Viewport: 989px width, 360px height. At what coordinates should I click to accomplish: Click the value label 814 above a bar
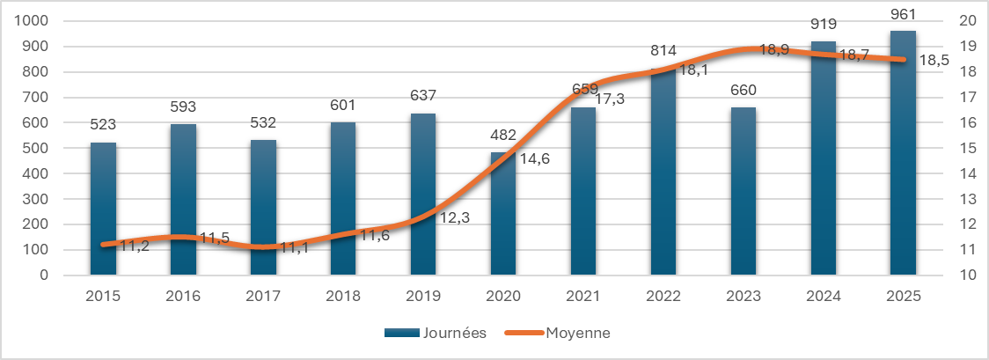tap(663, 50)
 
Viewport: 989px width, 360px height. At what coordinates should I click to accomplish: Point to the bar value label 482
tap(503, 135)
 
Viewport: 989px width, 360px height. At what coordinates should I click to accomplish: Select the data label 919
tap(824, 24)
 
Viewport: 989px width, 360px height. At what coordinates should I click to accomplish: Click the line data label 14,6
tap(532, 160)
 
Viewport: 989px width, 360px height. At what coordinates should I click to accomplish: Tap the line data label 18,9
tap(773, 50)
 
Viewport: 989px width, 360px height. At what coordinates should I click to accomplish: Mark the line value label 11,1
tap(295, 247)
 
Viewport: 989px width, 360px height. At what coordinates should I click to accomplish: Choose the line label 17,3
tap(610, 99)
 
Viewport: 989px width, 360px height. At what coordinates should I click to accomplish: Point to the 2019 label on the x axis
tap(423, 297)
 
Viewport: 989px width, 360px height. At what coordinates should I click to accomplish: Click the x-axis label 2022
tap(663, 297)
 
